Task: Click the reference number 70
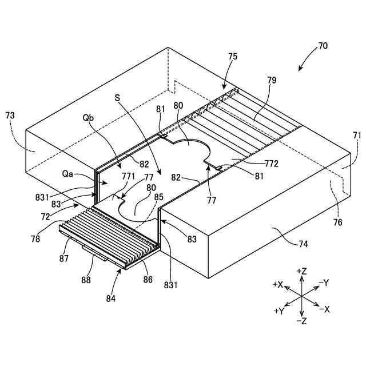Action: point(323,46)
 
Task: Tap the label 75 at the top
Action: point(233,57)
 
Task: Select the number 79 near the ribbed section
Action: point(271,81)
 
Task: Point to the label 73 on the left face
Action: point(10,116)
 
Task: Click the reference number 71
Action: point(357,136)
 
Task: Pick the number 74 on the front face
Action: point(303,244)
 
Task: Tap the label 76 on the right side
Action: point(338,222)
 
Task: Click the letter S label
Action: point(117,98)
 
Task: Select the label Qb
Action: point(88,118)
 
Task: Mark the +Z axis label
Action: point(303,270)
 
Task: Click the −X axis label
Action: point(324,309)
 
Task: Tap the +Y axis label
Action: point(279,311)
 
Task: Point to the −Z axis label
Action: point(303,321)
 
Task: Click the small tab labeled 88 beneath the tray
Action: point(94,252)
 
